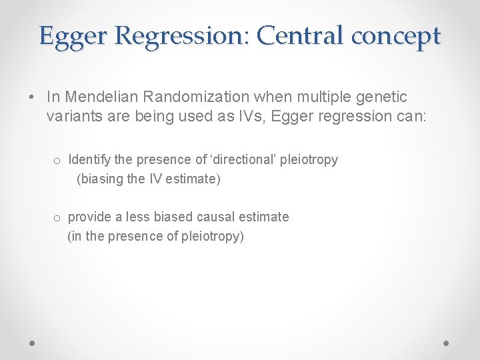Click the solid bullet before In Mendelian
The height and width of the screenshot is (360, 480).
(x=32, y=98)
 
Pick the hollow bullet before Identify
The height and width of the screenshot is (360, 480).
(x=58, y=161)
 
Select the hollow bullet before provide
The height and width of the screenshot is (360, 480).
(x=58, y=218)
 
